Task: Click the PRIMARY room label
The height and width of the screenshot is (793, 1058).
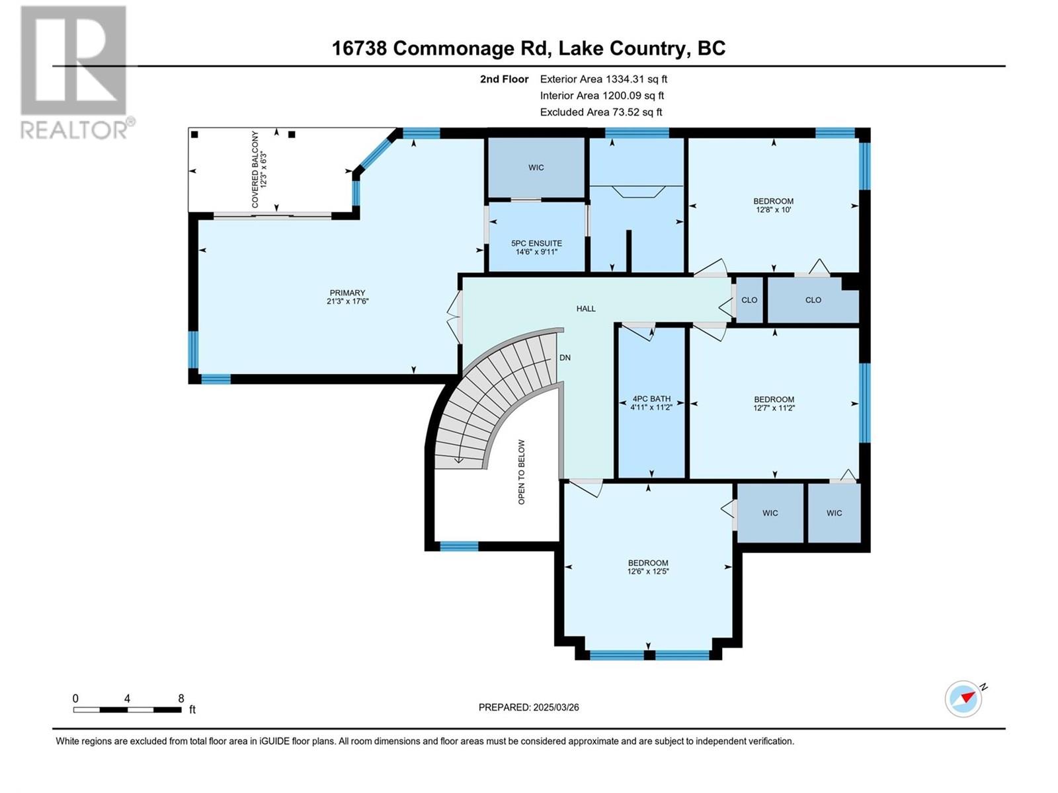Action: [347, 293]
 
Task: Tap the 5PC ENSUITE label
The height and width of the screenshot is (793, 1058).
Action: [536, 244]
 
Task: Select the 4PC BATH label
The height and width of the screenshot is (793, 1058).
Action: [651, 399]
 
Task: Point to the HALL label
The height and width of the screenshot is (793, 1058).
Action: [586, 309]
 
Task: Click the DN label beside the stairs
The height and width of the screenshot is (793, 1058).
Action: [565, 358]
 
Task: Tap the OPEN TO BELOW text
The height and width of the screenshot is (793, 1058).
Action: [522, 472]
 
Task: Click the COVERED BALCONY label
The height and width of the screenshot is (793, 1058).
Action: [255, 169]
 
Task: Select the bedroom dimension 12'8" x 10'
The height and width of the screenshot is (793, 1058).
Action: [774, 210]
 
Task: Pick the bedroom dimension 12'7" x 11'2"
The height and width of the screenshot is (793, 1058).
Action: [774, 408]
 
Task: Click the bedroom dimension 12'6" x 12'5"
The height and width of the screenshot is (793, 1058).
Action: [648, 572]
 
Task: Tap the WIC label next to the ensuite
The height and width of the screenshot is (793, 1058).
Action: [536, 168]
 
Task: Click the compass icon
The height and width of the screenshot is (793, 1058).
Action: [963, 699]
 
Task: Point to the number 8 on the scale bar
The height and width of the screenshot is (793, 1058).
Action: [181, 698]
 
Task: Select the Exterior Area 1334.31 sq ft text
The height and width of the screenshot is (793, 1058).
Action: [604, 79]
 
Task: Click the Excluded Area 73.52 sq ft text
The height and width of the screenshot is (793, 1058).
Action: [601, 112]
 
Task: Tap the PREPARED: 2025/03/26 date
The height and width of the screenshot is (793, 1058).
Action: [529, 707]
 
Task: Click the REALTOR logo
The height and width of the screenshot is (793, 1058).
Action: [77, 73]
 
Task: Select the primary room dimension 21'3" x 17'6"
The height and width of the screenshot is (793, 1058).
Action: [347, 301]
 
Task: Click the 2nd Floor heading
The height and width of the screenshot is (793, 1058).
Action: [504, 79]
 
